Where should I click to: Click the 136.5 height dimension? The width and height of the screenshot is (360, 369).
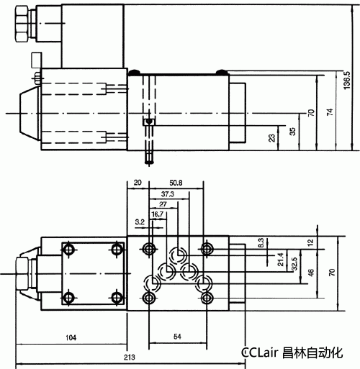(x=348, y=80)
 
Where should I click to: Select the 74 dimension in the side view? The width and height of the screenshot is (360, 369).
(x=330, y=113)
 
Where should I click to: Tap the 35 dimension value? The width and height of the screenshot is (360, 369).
(x=292, y=131)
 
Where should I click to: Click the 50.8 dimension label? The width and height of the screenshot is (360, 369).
(x=175, y=183)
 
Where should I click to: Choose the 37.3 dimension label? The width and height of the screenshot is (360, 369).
(x=167, y=194)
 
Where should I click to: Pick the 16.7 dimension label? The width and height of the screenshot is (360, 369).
(x=158, y=214)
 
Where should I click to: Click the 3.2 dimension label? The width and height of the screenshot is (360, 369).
(x=140, y=222)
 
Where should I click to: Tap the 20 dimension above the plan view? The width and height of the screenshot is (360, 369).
(x=138, y=183)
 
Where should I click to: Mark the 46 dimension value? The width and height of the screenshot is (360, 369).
(x=311, y=273)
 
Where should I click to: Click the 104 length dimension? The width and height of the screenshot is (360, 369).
(x=70, y=337)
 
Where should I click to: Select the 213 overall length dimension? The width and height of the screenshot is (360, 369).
(x=130, y=357)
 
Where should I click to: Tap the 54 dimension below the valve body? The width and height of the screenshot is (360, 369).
(x=178, y=337)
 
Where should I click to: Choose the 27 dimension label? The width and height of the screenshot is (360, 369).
(x=163, y=204)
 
